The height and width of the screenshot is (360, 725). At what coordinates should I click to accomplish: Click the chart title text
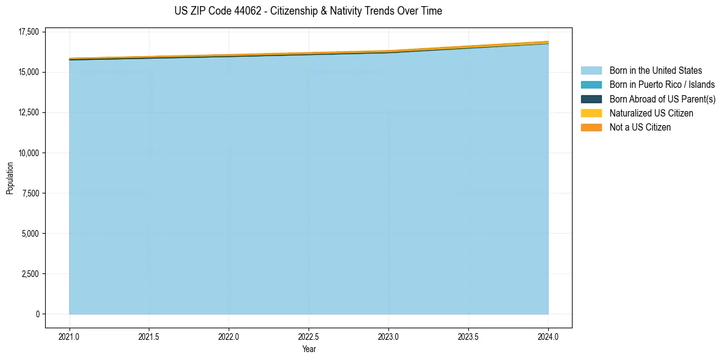pyautogui.click(x=308, y=11)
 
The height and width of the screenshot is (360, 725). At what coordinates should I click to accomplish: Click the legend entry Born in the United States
pyautogui.click(x=655, y=71)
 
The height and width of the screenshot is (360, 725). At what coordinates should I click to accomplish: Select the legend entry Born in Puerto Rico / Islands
pyautogui.click(x=662, y=85)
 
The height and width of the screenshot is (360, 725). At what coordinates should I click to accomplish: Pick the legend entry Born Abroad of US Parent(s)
pyautogui.click(x=662, y=99)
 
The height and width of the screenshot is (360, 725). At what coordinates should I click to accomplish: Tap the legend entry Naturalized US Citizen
pyautogui.click(x=651, y=113)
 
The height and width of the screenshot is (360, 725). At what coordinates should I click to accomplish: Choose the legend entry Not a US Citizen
pyautogui.click(x=640, y=128)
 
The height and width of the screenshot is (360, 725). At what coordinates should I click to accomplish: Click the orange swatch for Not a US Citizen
pyautogui.click(x=591, y=128)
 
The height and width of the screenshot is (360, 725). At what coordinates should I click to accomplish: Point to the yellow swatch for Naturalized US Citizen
pyautogui.click(x=591, y=113)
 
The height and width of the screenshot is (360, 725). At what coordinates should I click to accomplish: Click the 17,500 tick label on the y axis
pyautogui.click(x=28, y=32)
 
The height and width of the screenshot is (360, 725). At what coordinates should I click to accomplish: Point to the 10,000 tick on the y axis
pyautogui.click(x=28, y=153)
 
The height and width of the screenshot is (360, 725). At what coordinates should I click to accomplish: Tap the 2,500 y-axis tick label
pyautogui.click(x=30, y=274)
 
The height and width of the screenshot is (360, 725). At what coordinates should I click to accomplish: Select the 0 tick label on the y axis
pyautogui.click(x=37, y=314)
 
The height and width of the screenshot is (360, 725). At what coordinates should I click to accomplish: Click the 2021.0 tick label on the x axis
pyautogui.click(x=69, y=337)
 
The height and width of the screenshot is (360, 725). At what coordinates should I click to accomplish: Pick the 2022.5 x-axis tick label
pyautogui.click(x=309, y=337)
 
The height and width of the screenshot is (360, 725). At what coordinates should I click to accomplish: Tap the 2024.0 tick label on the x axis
pyautogui.click(x=548, y=337)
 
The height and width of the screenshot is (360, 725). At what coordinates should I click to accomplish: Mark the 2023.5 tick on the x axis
pyautogui.click(x=468, y=337)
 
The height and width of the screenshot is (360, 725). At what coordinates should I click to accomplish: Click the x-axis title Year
pyautogui.click(x=309, y=350)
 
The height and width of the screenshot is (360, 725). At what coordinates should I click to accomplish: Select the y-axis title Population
pyautogui.click(x=10, y=178)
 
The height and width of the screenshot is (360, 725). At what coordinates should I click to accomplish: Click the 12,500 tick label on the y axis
pyautogui.click(x=28, y=113)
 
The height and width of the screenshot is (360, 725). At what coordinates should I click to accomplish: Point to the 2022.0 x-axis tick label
pyautogui.click(x=229, y=337)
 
